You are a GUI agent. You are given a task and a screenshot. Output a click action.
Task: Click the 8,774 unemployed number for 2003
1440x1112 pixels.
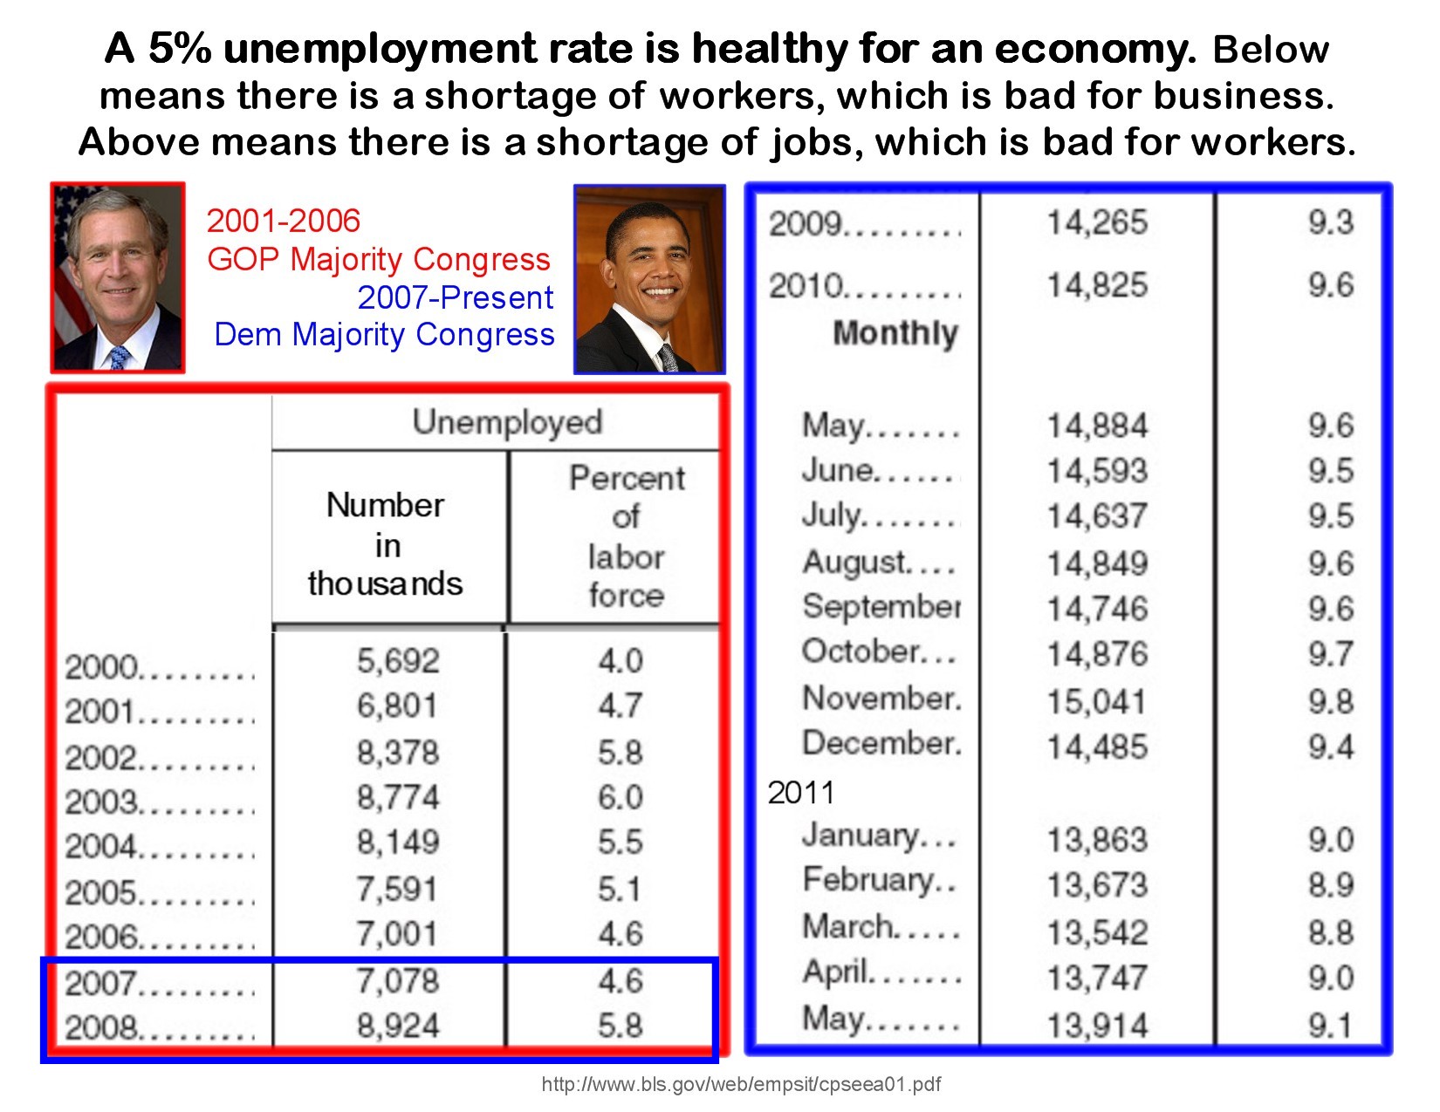398,797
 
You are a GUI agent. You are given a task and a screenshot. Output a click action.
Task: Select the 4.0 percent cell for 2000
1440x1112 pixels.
621,661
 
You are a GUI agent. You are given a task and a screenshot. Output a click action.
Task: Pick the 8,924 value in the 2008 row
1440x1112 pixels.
398,1026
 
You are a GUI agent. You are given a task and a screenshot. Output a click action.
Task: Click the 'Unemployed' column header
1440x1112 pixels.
507,422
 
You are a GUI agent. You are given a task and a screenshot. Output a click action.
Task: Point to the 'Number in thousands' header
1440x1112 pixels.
385,544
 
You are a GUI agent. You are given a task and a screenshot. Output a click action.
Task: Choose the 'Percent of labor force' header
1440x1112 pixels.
626,536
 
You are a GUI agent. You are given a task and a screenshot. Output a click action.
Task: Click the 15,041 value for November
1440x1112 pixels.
1096,701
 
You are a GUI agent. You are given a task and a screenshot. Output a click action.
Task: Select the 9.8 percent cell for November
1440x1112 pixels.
1330,701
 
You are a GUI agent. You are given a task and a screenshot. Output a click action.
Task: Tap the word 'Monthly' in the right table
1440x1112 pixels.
895,332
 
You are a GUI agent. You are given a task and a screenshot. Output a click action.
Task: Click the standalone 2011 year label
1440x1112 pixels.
800,793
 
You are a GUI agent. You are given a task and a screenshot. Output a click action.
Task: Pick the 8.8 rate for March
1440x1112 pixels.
1330,932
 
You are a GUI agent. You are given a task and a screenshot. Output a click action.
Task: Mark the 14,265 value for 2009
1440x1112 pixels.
1097,222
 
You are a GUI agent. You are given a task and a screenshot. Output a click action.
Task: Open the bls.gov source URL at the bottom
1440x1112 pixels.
741,1084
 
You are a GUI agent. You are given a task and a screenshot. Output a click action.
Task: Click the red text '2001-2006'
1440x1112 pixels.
284,221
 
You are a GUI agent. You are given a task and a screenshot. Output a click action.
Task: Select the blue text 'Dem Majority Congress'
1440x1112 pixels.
384,334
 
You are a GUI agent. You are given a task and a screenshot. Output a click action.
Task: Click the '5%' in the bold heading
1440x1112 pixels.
180,49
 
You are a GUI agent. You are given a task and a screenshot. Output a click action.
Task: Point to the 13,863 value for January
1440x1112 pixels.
1097,840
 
